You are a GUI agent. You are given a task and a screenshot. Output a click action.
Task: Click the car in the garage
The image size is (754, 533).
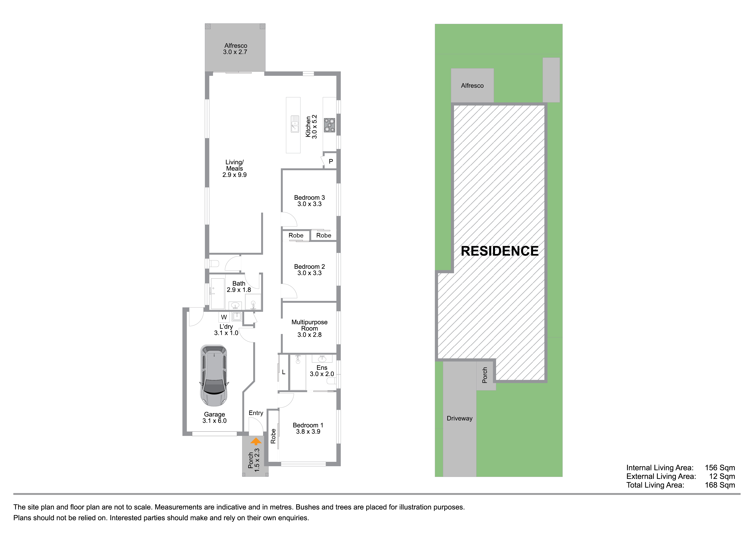(x=214, y=375)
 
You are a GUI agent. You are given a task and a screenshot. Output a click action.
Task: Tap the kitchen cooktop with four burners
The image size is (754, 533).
(x=329, y=125)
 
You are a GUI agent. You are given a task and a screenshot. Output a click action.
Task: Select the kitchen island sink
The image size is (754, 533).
(x=295, y=124)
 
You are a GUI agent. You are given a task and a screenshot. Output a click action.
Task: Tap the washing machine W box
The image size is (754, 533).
(x=224, y=317)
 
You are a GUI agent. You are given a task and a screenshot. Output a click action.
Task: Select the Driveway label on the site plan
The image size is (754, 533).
(x=459, y=418)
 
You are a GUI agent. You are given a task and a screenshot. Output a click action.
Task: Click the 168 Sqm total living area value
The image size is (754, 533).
(x=720, y=485)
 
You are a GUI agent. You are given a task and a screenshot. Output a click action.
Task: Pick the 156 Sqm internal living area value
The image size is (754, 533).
(x=720, y=468)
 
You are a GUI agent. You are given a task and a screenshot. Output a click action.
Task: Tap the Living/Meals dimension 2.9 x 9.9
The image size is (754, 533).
(x=234, y=175)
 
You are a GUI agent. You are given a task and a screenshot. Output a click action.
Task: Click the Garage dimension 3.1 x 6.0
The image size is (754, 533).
(x=215, y=421)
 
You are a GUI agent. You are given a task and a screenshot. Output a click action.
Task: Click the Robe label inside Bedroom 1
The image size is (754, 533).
(x=273, y=436)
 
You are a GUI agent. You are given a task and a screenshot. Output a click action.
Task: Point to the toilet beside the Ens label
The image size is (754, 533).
(x=331, y=381)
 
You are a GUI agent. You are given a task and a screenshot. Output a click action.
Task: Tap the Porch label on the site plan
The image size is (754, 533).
(x=485, y=375)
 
